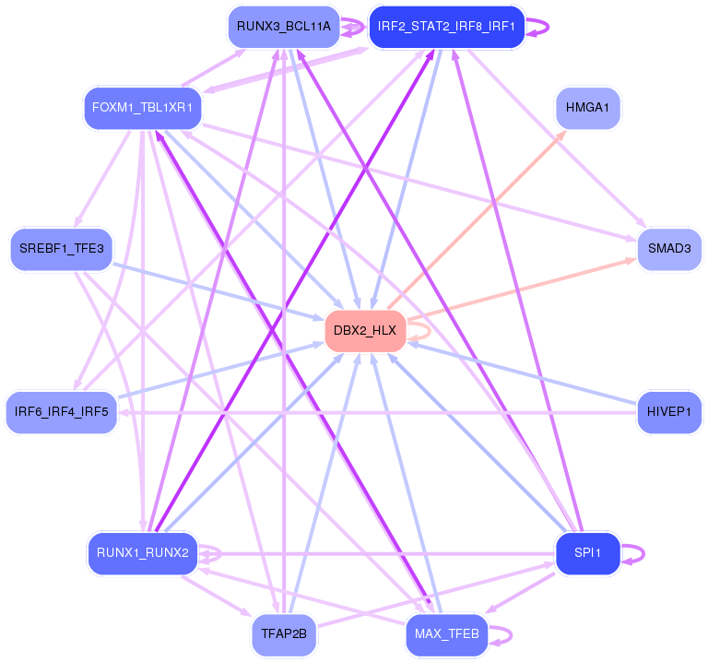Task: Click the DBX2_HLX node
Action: tap(365, 331)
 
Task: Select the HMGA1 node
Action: tap(588, 109)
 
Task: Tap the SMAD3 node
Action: tap(669, 249)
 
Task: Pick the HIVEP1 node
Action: tap(669, 411)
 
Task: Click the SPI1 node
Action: tap(587, 553)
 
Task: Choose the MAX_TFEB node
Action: tap(446, 634)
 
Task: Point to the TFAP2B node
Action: tap(284, 634)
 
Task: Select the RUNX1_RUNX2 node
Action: tap(143, 553)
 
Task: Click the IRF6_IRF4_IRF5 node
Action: tap(62, 411)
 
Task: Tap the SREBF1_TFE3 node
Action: tap(62, 249)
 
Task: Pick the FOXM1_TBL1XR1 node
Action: tap(143, 109)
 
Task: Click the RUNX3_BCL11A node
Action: tap(283, 27)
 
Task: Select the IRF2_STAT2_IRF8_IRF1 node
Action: tap(447, 27)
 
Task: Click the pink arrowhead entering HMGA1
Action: tap(561, 135)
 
